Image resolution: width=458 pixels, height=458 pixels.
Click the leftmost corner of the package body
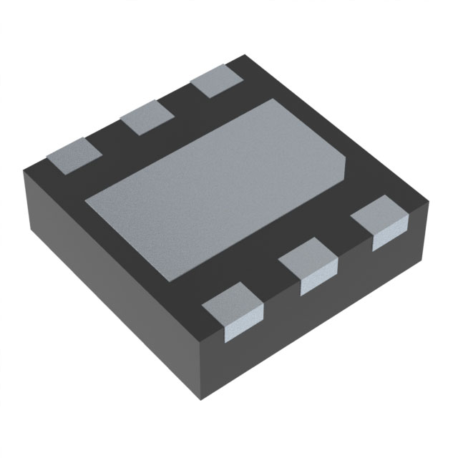point(24,170)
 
